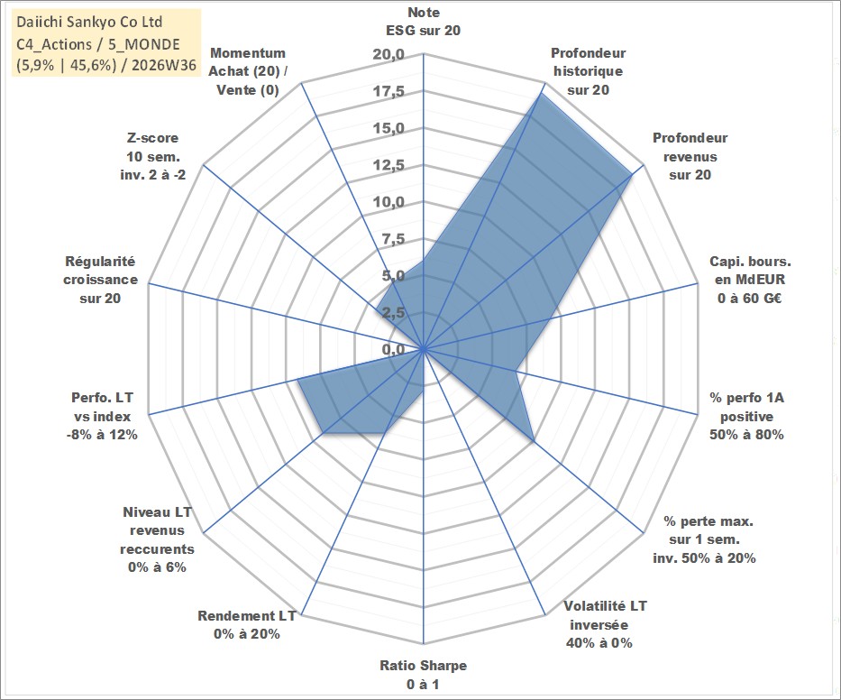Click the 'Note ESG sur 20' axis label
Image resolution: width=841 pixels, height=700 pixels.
(x=423, y=22)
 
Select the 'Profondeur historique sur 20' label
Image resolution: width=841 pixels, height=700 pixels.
(x=588, y=71)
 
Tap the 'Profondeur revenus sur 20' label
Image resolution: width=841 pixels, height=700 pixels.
(x=690, y=156)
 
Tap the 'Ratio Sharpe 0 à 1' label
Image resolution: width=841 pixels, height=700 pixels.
(x=423, y=675)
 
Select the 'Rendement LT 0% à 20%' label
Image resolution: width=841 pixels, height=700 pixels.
(x=247, y=625)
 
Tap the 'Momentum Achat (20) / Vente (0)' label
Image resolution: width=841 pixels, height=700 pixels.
(x=248, y=71)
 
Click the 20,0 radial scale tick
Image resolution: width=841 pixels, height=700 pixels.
(x=389, y=55)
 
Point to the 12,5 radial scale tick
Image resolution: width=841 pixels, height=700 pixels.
(x=389, y=165)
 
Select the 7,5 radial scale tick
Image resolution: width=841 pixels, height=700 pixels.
(x=393, y=239)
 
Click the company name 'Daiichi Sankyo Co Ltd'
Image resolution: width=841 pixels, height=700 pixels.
(x=89, y=22)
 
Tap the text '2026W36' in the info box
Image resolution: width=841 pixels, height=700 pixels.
(x=163, y=65)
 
